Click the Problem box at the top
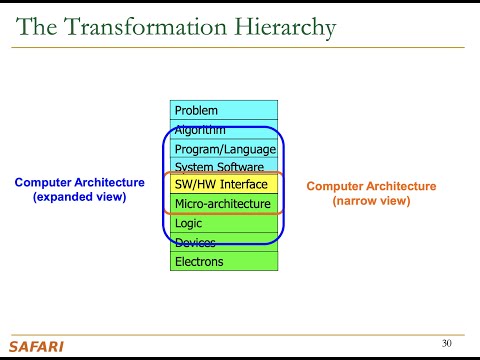224,110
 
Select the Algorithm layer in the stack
224,130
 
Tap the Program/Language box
224,148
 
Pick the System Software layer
224,167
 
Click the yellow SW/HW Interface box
224,185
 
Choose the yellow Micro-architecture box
224,204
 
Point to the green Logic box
224,223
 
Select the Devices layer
224,242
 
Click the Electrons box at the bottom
224,261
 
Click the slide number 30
447,344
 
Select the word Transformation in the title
148,27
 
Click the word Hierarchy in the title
285,27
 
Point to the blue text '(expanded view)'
79,197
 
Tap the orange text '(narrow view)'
371,200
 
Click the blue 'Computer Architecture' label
79,183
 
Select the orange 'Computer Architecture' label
371,186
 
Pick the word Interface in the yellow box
245,185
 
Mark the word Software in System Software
242,167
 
